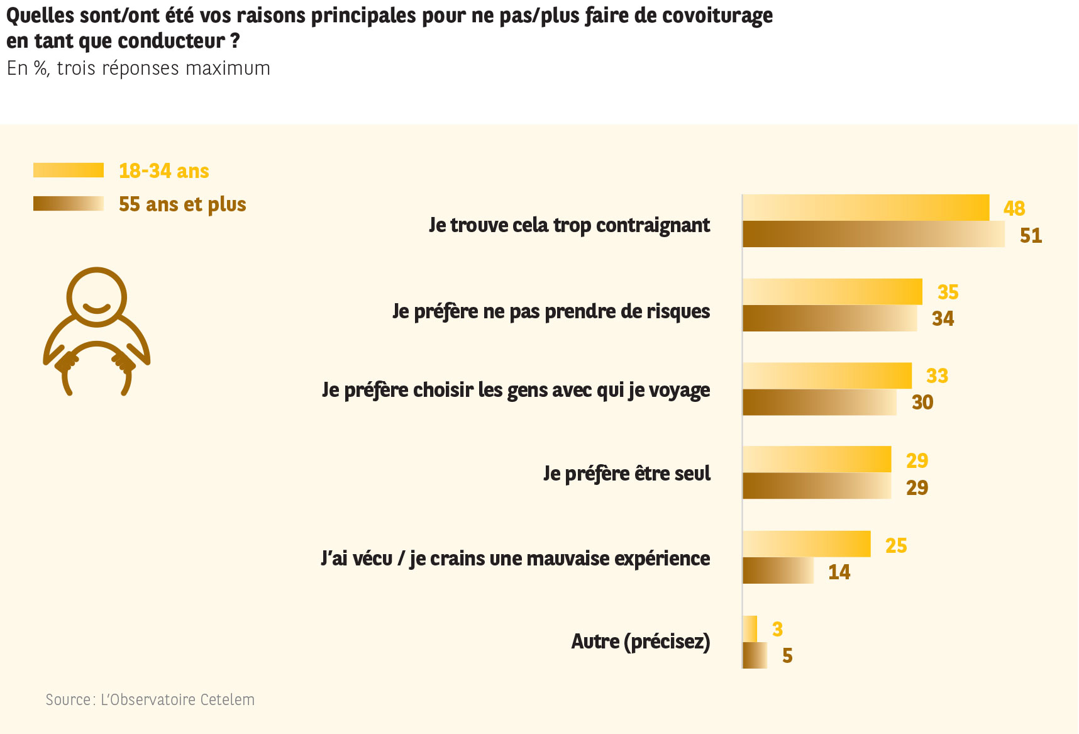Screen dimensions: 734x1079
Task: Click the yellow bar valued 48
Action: pyautogui.click(x=865, y=208)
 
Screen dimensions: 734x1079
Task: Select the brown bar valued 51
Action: pyautogui.click(x=873, y=234)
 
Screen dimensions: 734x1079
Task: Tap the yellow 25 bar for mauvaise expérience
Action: pyautogui.click(x=806, y=544)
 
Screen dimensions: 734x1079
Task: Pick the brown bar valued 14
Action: pyautogui.click(x=778, y=570)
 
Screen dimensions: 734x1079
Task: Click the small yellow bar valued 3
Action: pyautogui.click(x=750, y=628)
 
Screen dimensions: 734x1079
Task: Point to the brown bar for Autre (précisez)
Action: pyautogui.click(x=755, y=655)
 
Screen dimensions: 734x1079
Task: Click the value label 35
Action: pyautogui.click(x=948, y=292)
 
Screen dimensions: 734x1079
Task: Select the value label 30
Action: pyautogui.click(x=922, y=403)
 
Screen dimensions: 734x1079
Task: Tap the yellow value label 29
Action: pyautogui.click(x=917, y=460)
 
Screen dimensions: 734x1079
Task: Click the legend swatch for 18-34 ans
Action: pyautogui.click(x=69, y=170)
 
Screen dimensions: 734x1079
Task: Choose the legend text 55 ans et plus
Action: pyautogui.click(x=182, y=204)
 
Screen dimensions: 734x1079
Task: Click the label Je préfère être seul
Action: pyautogui.click(x=627, y=474)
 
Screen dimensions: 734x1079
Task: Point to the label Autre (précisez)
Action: pyautogui.click(x=640, y=642)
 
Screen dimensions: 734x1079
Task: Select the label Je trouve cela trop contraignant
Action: pyautogui.click(x=569, y=225)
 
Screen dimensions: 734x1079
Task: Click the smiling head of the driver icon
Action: pyautogui.click(x=97, y=297)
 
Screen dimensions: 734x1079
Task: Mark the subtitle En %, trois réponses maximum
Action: pyautogui.click(x=138, y=68)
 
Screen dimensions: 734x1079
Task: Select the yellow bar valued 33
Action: pyautogui.click(x=827, y=375)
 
